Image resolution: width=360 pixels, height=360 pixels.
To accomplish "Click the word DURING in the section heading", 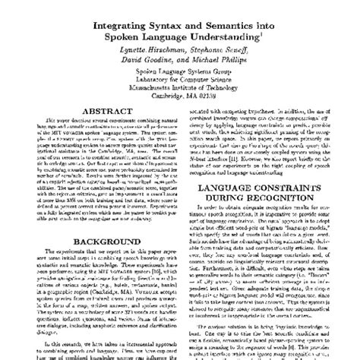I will pos(228,201).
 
